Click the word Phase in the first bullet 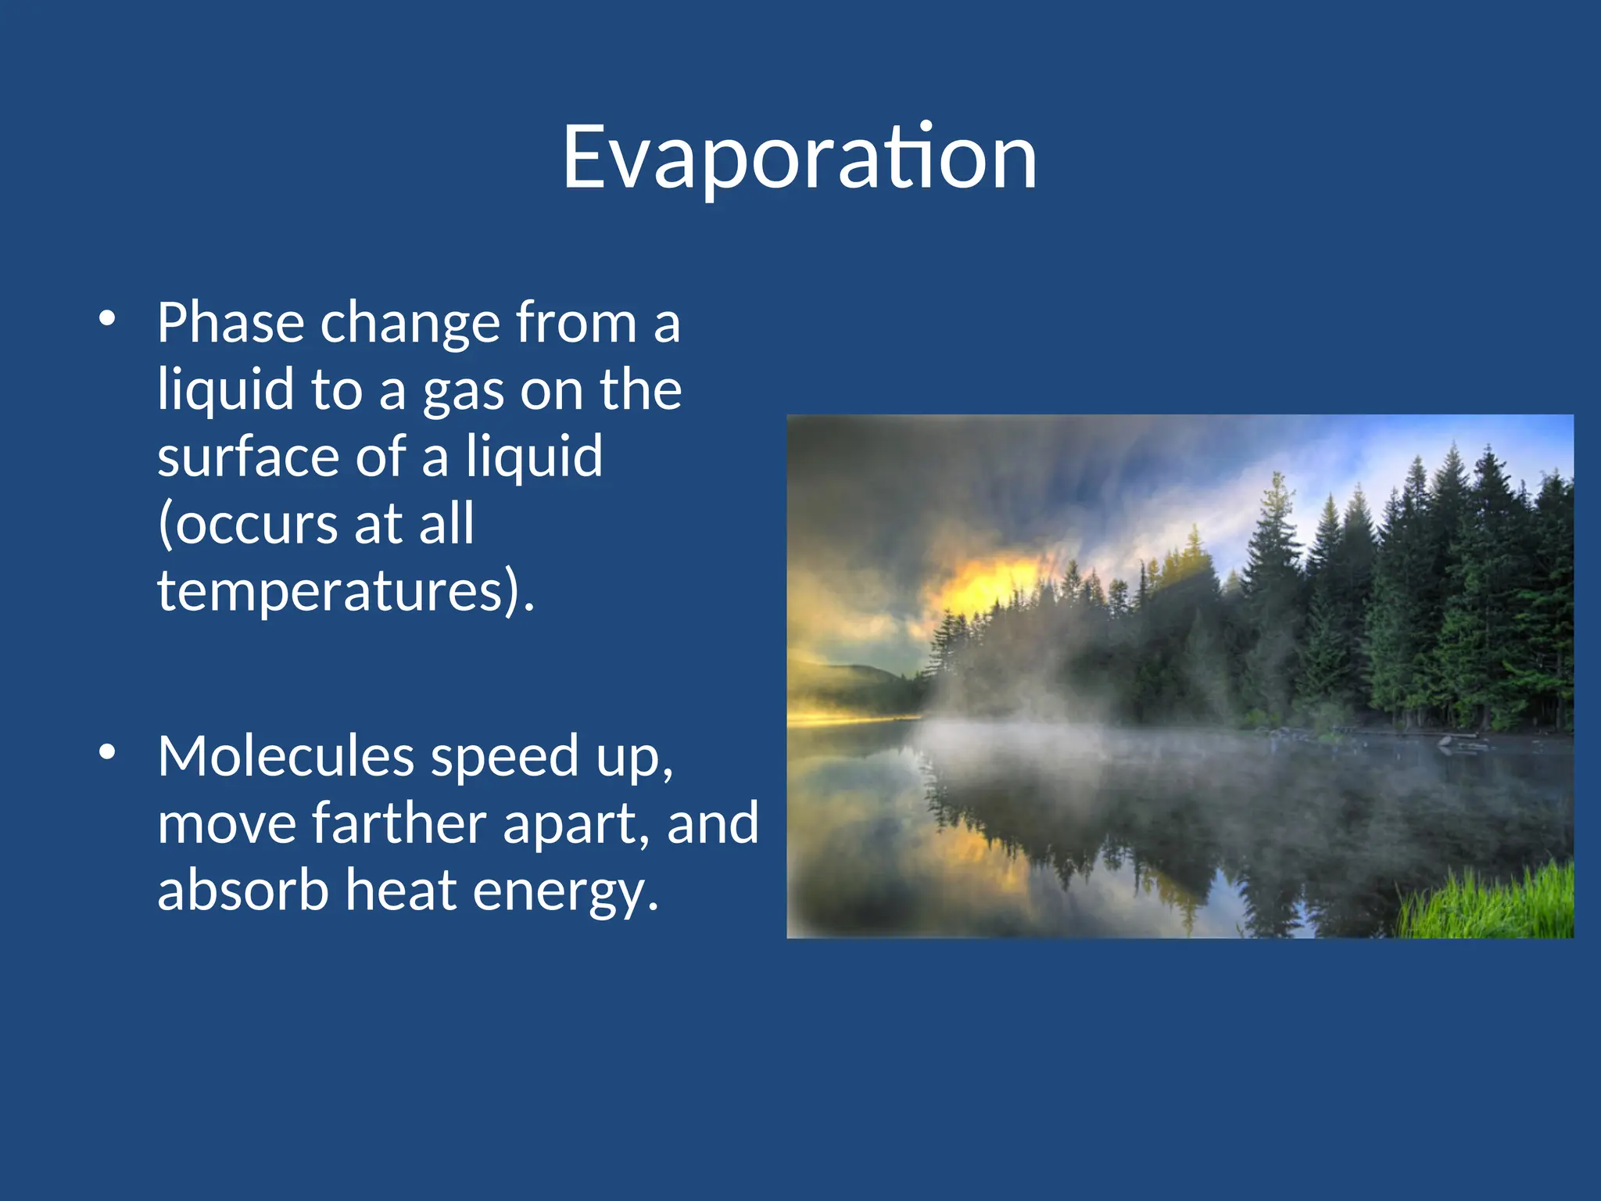(x=230, y=322)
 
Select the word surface (x=249, y=457)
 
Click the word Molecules (x=285, y=757)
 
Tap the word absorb (x=242, y=891)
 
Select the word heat (x=400, y=891)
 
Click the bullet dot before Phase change (x=108, y=319)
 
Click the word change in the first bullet (x=410, y=324)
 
